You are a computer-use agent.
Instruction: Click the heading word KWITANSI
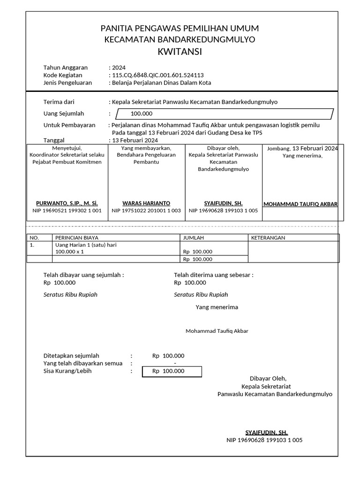coord(180,52)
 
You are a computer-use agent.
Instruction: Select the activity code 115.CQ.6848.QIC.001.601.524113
coord(158,75)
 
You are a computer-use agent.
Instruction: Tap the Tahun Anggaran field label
coord(65,67)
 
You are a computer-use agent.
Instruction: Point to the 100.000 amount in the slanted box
coord(142,113)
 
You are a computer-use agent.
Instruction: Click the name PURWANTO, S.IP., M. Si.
coord(67,203)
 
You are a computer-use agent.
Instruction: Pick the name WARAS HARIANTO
coord(146,203)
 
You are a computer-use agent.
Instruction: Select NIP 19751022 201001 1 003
coord(146,211)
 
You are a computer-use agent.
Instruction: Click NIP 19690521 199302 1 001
coord(67,211)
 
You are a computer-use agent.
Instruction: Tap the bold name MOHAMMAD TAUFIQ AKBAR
coord(300,204)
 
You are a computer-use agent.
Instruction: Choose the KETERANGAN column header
coord(268,238)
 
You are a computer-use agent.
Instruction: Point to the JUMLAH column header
coord(193,238)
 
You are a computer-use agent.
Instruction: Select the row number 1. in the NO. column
coord(32,245)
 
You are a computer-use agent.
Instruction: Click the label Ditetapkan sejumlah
coord(71,356)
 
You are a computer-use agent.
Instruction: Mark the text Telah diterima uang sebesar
coord(213,275)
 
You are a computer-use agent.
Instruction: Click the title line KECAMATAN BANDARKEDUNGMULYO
coord(180,39)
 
